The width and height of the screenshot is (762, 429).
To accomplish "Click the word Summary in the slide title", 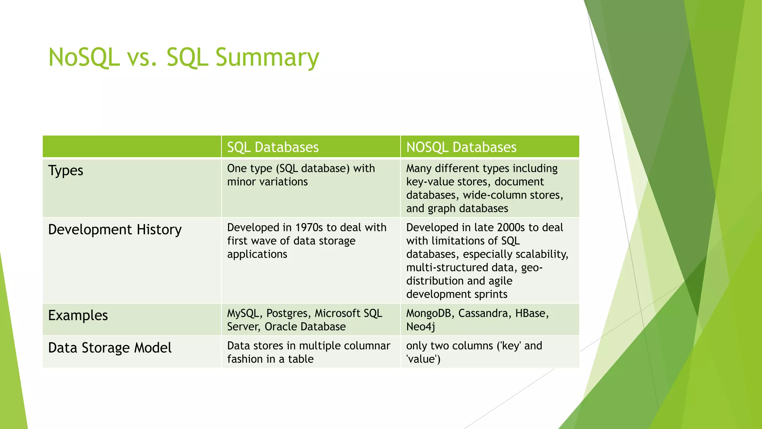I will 267,58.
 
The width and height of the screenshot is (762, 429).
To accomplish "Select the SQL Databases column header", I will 273,147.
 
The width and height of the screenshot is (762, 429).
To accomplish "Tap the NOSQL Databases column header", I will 461,147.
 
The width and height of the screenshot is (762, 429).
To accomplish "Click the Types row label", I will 66,171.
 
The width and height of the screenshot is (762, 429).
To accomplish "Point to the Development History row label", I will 115,230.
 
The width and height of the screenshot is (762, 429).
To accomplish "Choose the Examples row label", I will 78,315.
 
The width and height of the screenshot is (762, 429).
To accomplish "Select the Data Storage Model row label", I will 110,348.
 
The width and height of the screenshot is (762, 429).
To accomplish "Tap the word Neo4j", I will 420,327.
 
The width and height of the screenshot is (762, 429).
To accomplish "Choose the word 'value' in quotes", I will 423,359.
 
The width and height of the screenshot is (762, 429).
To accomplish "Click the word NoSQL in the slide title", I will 84,58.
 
